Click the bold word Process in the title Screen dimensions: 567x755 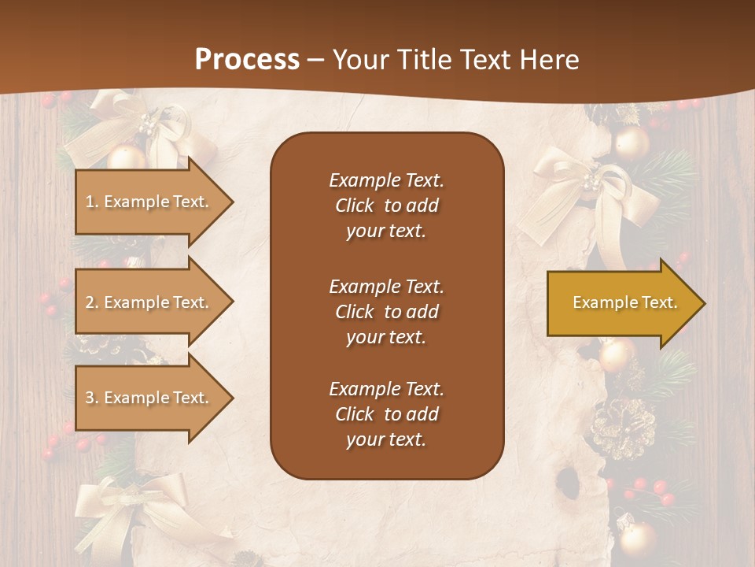247,60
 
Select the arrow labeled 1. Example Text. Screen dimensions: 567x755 149,202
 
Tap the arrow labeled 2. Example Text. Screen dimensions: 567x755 149,302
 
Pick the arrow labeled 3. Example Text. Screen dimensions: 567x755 149,398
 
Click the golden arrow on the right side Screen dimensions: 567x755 621,302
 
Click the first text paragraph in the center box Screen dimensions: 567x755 386,206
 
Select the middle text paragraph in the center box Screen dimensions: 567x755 386,312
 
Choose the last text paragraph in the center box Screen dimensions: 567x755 386,414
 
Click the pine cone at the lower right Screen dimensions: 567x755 624,428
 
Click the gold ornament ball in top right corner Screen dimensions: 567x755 632,143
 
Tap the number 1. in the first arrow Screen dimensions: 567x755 92,202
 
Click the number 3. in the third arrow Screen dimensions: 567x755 92,398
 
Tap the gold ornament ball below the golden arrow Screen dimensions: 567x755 617,355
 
